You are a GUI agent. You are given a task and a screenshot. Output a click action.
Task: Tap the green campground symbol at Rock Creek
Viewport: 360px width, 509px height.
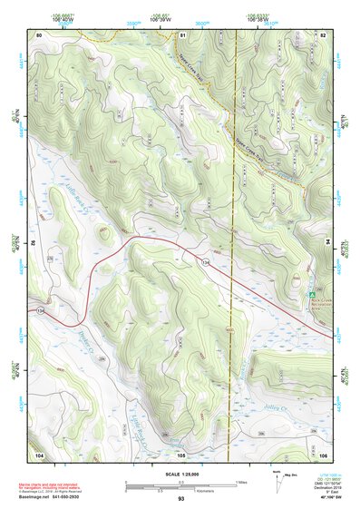pyautogui.click(x=311, y=295)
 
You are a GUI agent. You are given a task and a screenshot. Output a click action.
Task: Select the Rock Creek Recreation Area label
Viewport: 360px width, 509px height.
pyautogui.click(x=321, y=304)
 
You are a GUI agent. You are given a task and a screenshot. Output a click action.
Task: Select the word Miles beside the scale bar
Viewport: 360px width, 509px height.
pyautogui.click(x=241, y=482)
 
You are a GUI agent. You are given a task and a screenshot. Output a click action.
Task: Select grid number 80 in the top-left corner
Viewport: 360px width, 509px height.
pyautogui.click(x=39, y=34)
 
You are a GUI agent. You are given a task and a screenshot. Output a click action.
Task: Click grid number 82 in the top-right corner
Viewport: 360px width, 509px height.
pyautogui.click(x=322, y=34)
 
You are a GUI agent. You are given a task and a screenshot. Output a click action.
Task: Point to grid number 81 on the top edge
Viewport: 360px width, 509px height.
pyautogui.click(x=182, y=34)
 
